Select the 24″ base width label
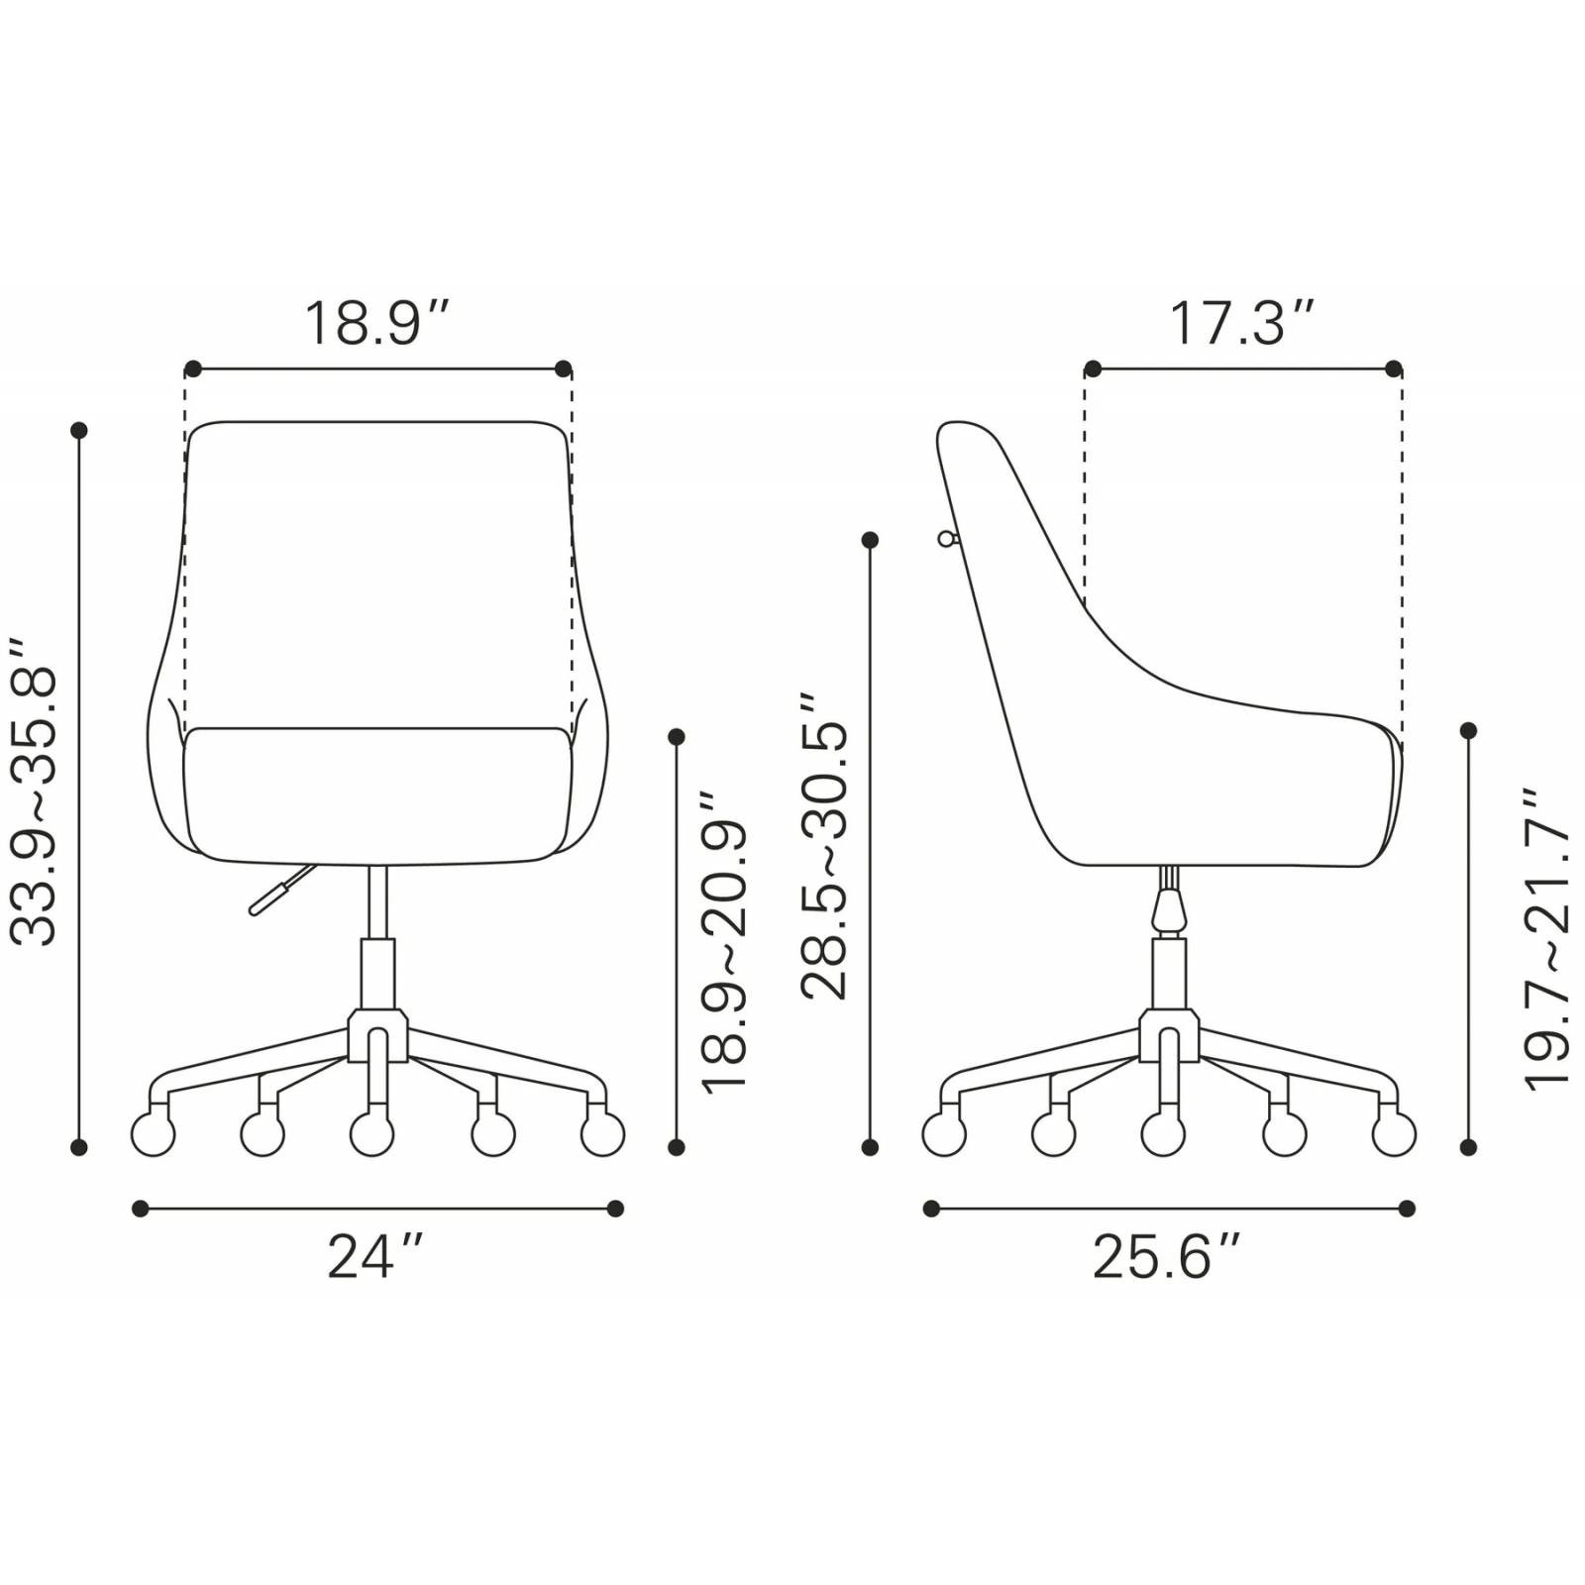tap(375, 1256)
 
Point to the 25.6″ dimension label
tap(1166, 1256)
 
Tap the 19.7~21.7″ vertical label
tap(1546, 939)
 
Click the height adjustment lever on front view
tap(282, 890)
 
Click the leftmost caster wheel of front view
tap(154, 1133)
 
